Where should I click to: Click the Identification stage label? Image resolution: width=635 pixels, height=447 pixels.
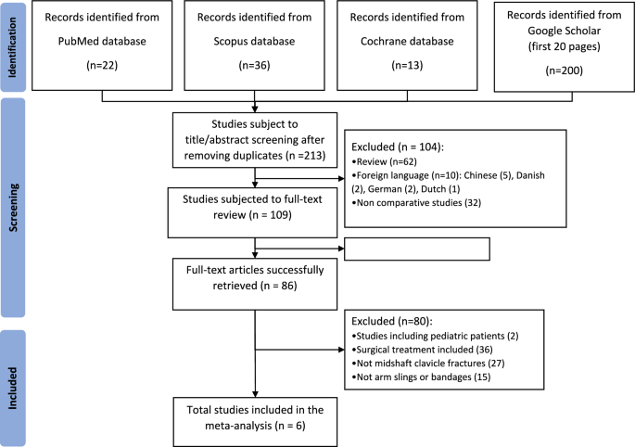coord(12,47)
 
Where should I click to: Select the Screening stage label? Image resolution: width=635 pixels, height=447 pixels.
coord(13,208)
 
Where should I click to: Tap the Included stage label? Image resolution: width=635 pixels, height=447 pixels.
coord(13,389)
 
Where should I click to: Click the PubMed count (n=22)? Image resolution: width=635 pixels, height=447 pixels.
coord(102,65)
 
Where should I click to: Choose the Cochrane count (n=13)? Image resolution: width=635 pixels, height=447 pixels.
coord(407,65)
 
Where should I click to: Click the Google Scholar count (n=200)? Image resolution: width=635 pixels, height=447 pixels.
coord(565,70)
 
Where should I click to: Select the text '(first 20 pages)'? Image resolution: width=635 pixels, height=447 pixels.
coord(565,46)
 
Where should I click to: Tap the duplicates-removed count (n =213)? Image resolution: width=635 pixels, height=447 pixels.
coord(305,156)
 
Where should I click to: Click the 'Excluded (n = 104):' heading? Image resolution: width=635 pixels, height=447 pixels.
coord(398,147)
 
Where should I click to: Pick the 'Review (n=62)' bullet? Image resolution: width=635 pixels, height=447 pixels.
coord(385,161)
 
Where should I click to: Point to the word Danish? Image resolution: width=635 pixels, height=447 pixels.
coord(530,175)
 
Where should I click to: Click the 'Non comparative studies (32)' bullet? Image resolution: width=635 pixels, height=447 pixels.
coord(416,202)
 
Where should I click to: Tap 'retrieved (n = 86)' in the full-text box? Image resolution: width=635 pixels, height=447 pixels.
coord(255,286)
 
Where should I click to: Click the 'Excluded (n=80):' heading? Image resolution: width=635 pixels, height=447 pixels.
coord(391,322)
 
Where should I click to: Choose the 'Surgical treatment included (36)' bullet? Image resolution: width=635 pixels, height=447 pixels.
coord(422,350)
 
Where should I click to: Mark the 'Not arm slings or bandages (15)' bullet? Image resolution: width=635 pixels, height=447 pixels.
coord(421,377)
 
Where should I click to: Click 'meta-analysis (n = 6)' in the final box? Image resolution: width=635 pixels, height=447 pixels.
coord(255,426)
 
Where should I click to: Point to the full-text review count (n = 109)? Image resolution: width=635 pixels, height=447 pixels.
coord(272,215)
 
